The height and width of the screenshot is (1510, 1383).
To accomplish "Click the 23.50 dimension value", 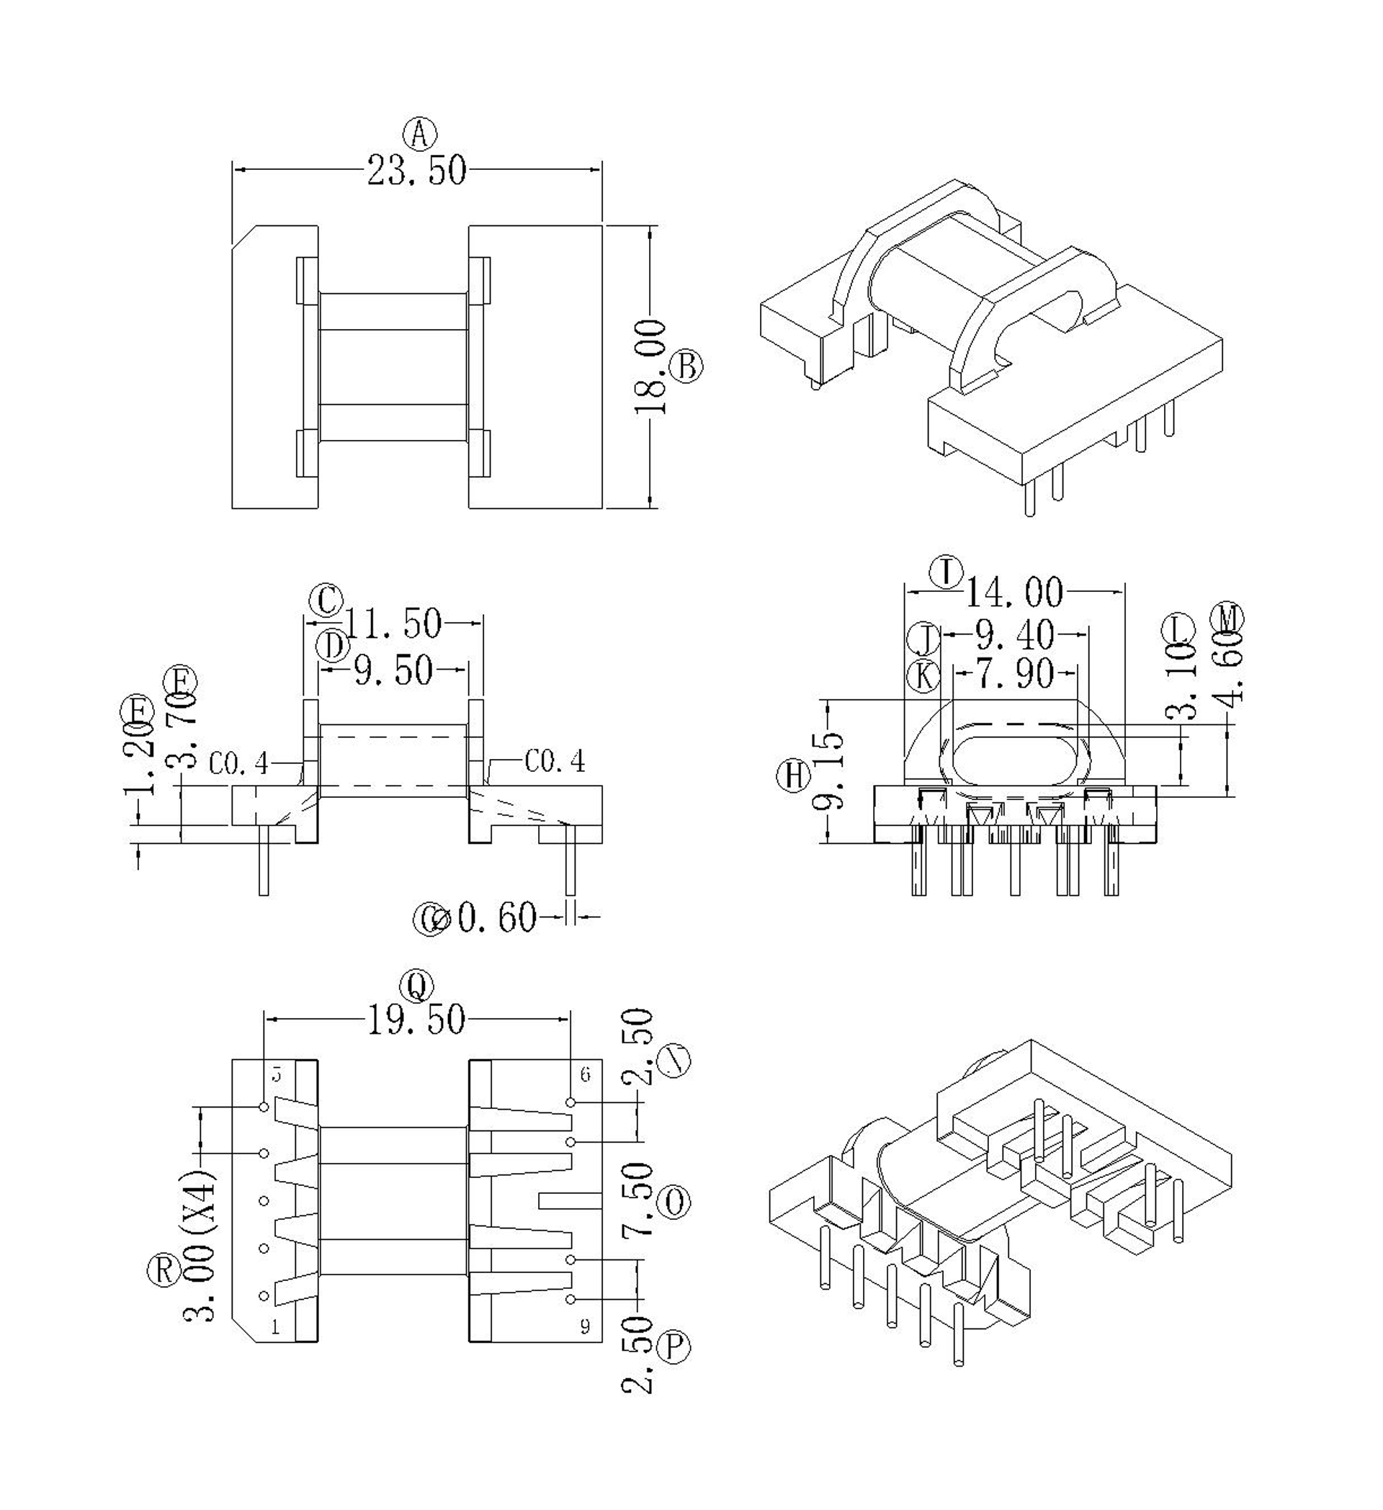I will coord(416,171).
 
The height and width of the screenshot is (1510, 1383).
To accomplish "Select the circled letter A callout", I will coord(419,135).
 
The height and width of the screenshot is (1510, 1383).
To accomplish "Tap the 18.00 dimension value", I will coord(650,367).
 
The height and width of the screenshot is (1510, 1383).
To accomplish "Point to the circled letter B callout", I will coord(686,367).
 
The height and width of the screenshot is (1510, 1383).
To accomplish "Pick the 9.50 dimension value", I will coord(393,670).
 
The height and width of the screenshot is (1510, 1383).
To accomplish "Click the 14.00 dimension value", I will coord(1013,593).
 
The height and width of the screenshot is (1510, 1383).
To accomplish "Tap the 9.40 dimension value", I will coord(1014,636).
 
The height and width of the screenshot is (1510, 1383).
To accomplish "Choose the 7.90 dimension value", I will coord(1014,674).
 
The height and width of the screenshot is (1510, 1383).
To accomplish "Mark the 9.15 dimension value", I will coord(829,771).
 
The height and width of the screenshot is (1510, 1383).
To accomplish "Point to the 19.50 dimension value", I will coord(416,1020).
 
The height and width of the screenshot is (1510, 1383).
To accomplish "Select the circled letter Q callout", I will coord(417,987).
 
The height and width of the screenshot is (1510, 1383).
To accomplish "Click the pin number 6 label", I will coord(585,1075).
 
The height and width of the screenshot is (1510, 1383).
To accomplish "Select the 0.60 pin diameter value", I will coord(497,917).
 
